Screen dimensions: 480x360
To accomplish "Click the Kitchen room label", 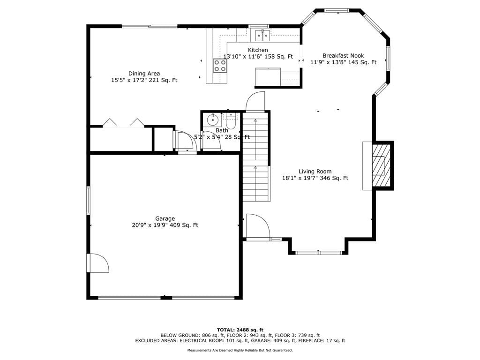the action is click(258, 50).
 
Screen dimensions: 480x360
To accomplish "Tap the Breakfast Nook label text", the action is click(343, 55).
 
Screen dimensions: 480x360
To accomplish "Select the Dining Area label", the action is click(144, 74).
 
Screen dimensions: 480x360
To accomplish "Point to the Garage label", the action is click(165, 218).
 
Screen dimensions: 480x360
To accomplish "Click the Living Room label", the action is click(315, 172).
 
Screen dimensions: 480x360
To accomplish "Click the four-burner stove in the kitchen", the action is click(220, 65).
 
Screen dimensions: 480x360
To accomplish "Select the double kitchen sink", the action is click(262, 36).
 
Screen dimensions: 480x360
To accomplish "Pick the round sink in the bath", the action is click(212, 120).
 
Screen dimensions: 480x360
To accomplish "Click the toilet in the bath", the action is click(230, 121).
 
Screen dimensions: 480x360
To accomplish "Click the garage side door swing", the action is click(98, 263).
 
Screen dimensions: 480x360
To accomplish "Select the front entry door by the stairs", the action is click(258, 225).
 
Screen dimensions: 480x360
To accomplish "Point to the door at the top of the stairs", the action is click(255, 101).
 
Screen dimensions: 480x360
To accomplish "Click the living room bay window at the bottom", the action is click(318, 253).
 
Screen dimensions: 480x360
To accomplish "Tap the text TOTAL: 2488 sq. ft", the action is click(240, 330).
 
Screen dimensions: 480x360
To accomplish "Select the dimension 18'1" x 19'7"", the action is click(300, 178).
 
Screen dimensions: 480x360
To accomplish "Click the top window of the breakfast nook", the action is click(337, 10).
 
